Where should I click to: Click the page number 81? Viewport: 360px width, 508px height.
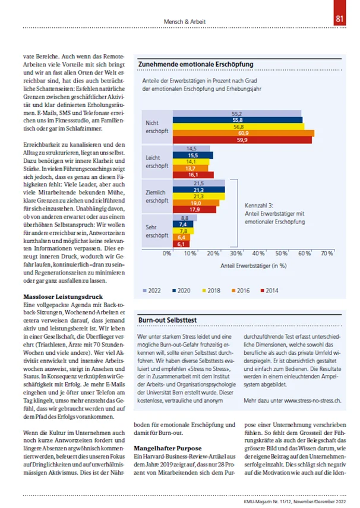tap(341, 19)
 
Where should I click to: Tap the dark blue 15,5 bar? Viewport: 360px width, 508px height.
tap(185, 154)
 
